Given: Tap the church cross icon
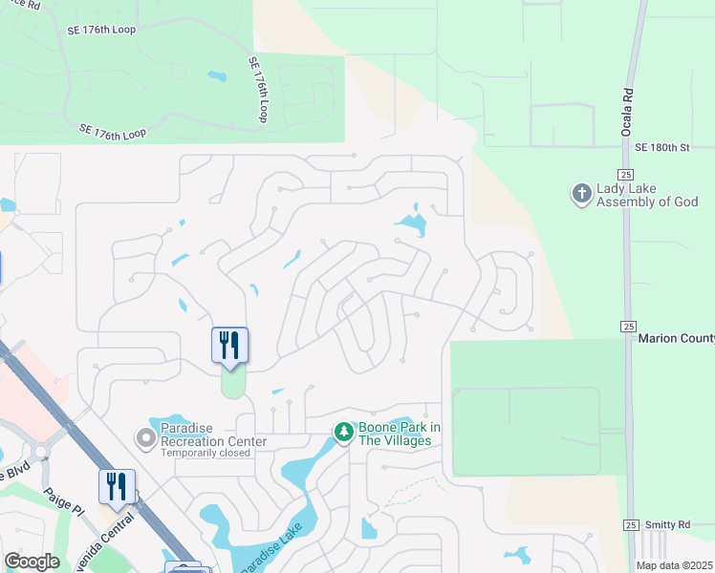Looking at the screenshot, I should pyautogui.click(x=580, y=195).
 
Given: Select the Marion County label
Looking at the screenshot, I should pyautogui.click(x=675, y=337).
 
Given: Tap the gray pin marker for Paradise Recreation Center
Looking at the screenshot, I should pyautogui.click(x=145, y=438).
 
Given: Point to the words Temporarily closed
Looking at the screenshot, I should pyautogui.click(x=206, y=453).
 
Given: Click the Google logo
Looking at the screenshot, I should pyautogui.click(x=32, y=562).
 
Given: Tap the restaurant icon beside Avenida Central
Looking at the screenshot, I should pyautogui.click(x=117, y=486).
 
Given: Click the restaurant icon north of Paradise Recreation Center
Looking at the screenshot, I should pyautogui.click(x=229, y=345).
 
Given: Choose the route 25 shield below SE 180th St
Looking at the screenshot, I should pyautogui.click(x=625, y=174).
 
